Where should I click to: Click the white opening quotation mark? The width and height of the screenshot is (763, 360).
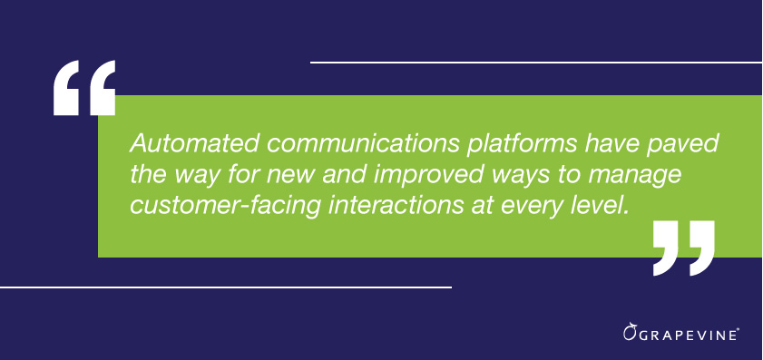84,88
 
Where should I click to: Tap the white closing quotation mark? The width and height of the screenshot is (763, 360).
684,246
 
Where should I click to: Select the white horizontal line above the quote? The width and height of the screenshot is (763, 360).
535,63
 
